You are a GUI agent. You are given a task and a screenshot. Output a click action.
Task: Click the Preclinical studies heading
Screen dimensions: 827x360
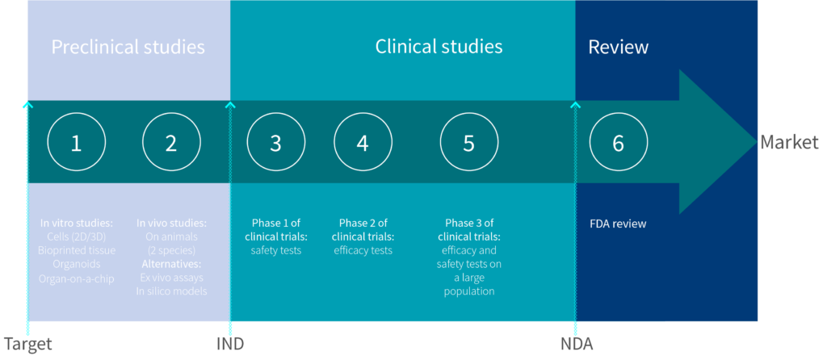pyautogui.click(x=128, y=48)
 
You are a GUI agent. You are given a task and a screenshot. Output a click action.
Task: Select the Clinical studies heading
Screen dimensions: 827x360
pyautogui.click(x=439, y=46)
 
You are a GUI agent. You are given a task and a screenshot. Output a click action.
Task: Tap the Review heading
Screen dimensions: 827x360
pyautogui.click(x=618, y=47)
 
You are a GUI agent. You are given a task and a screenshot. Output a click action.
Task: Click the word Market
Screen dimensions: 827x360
pyautogui.click(x=789, y=142)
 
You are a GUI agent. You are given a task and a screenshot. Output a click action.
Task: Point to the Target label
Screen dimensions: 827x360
pyautogui.click(x=28, y=344)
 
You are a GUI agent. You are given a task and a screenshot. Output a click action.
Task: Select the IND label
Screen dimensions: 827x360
pyautogui.click(x=230, y=344)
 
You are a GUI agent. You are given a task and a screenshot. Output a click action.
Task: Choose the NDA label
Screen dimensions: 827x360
pyautogui.click(x=577, y=344)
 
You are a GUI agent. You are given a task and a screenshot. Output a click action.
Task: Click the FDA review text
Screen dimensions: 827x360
pyautogui.click(x=618, y=224)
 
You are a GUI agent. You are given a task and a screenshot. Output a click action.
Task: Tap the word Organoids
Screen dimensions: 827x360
pyautogui.click(x=77, y=264)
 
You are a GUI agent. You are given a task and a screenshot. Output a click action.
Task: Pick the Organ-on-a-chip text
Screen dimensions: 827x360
pyautogui.click(x=77, y=278)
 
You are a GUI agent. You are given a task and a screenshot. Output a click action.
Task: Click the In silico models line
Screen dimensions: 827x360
pyautogui.click(x=171, y=291)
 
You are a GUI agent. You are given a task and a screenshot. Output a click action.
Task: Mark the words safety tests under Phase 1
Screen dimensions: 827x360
pyautogui.click(x=276, y=250)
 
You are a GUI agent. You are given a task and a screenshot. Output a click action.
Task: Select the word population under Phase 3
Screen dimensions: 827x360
pyautogui.click(x=469, y=291)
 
